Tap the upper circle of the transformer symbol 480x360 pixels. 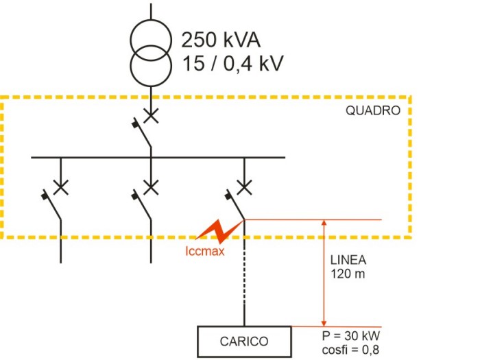[149, 38]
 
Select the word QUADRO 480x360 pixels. [372, 111]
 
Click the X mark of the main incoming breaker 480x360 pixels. [150, 115]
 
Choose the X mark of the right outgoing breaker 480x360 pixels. [243, 186]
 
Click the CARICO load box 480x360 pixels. [244, 341]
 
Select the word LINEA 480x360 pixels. [348, 261]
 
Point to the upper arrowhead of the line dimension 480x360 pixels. [325, 224]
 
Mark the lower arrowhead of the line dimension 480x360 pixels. [325, 322]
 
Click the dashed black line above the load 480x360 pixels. [244, 288]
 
